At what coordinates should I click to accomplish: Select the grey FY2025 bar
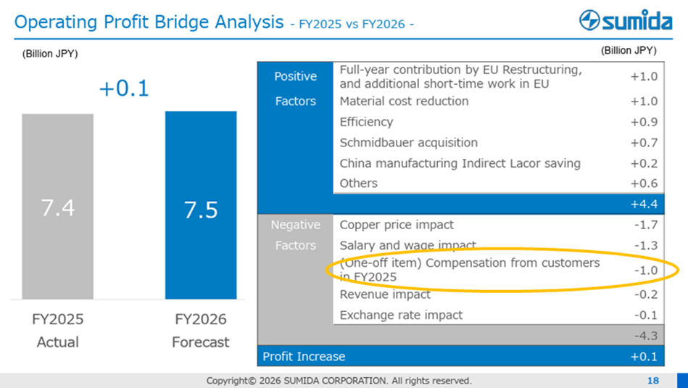click(x=57, y=207)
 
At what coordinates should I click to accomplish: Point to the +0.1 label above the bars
click(x=123, y=88)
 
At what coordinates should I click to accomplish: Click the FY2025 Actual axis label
click(x=58, y=330)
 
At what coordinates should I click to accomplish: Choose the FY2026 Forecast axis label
click(x=201, y=330)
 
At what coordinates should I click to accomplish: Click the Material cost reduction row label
click(x=404, y=102)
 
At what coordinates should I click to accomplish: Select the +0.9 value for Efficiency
click(x=644, y=122)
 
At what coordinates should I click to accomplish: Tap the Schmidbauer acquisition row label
click(x=409, y=143)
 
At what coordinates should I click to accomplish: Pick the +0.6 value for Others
click(x=644, y=183)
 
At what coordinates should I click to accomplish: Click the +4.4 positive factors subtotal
click(x=644, y=205)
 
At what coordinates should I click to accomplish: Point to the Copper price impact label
click(x=397, y=225)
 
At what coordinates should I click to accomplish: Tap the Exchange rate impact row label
click(x=401, y=315)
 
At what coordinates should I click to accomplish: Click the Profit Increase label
click(x=304, y=356)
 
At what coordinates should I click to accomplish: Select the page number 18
click(x=653, y=381)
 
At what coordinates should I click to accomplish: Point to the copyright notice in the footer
click(x=339, y=381)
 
